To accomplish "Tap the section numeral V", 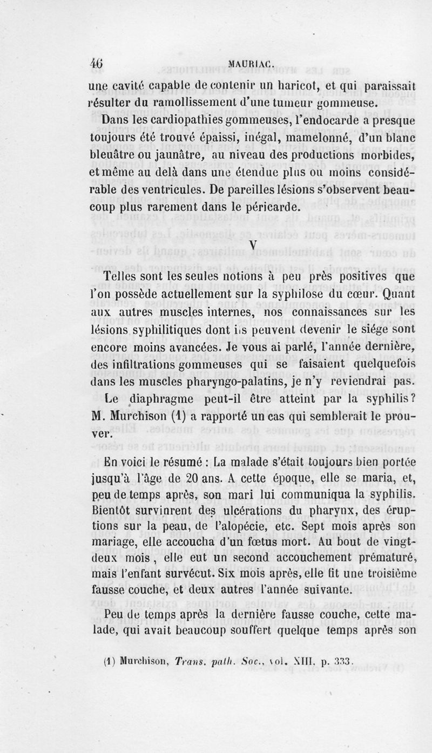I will click(253, 245).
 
